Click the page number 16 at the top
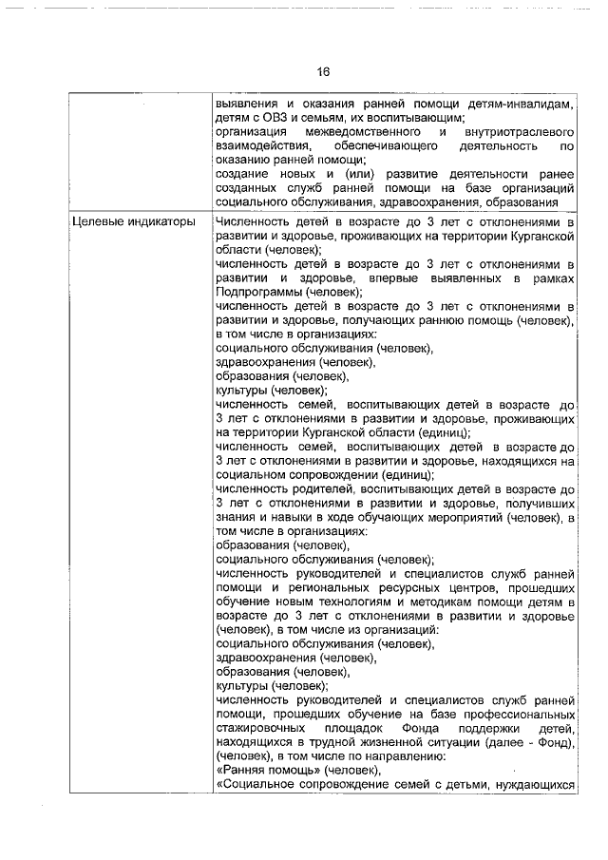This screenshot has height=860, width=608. pos(323,72)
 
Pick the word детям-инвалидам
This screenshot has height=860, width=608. pos(526,103)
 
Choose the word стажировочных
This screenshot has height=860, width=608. pos(264,730)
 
